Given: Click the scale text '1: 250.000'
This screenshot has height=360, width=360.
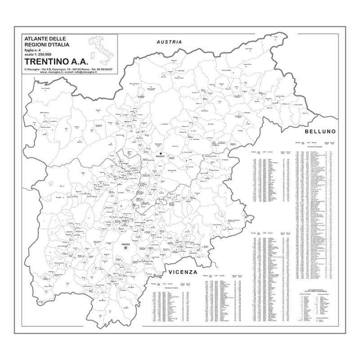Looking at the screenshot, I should point(40,54).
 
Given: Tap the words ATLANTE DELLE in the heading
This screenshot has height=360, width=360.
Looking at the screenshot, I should point(42,40).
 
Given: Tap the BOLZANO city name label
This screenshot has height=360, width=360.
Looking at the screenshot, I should point(161,157).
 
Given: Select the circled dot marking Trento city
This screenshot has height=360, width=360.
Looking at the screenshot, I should point(126,248).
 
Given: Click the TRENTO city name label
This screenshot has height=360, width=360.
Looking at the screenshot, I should point(126,244).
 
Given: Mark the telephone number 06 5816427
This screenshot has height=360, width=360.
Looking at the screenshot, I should point(103,69).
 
